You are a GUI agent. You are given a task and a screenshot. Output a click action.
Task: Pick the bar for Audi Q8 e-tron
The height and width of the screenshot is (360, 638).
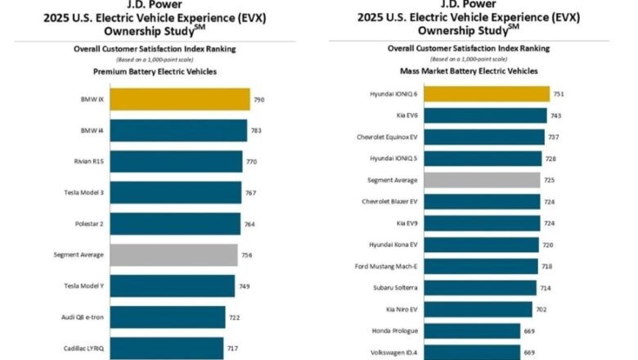pyautogui.click(x=168, y=317)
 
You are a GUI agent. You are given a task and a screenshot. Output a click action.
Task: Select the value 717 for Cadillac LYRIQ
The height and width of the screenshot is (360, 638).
pyautogui.click(x=232, y=348)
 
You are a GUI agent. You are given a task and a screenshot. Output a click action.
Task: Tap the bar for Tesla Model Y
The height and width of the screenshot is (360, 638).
pyautogui.click(x=172, y=286)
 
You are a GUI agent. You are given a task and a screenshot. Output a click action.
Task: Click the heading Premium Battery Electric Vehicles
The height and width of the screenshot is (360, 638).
pyautogui.click(x=155, y=72)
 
